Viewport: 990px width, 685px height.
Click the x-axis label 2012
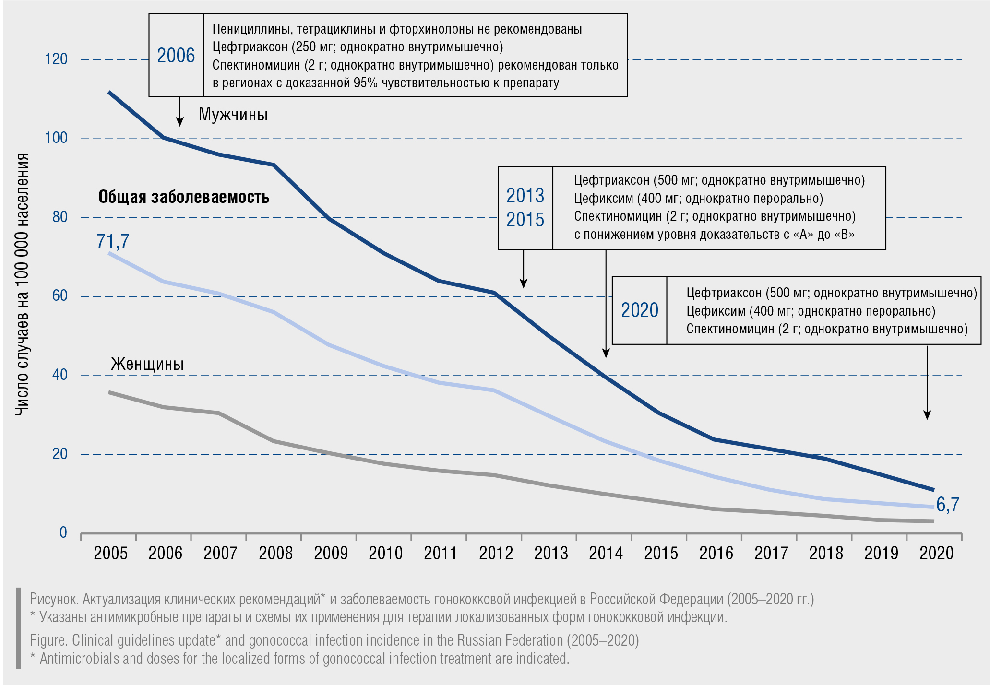coord(496,553)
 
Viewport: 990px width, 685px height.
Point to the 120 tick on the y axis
coord(56,59)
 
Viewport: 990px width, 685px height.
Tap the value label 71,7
coord(113,241)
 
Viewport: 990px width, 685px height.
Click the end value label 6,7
coord(947,505)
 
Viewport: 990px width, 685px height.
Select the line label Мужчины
coord(233,115)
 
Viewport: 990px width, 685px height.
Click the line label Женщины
coord(147,364)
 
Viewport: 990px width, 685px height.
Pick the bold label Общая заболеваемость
coord(184,197)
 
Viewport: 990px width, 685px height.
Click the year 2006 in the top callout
coord(176,56)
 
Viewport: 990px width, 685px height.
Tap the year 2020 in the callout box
coord(640,310)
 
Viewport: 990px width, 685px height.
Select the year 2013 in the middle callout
coord(525,196)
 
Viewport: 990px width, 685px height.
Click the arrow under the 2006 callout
coord(180,112)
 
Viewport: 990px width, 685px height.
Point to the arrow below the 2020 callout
coord(927,384)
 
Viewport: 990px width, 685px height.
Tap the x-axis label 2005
coord(110,553)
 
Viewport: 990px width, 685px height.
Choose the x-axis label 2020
coord(936,553)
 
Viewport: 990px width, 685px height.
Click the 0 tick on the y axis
coord(63,532)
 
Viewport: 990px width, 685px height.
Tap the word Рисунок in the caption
coord(54,599)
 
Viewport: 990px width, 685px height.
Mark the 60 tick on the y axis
coord(60,296)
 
